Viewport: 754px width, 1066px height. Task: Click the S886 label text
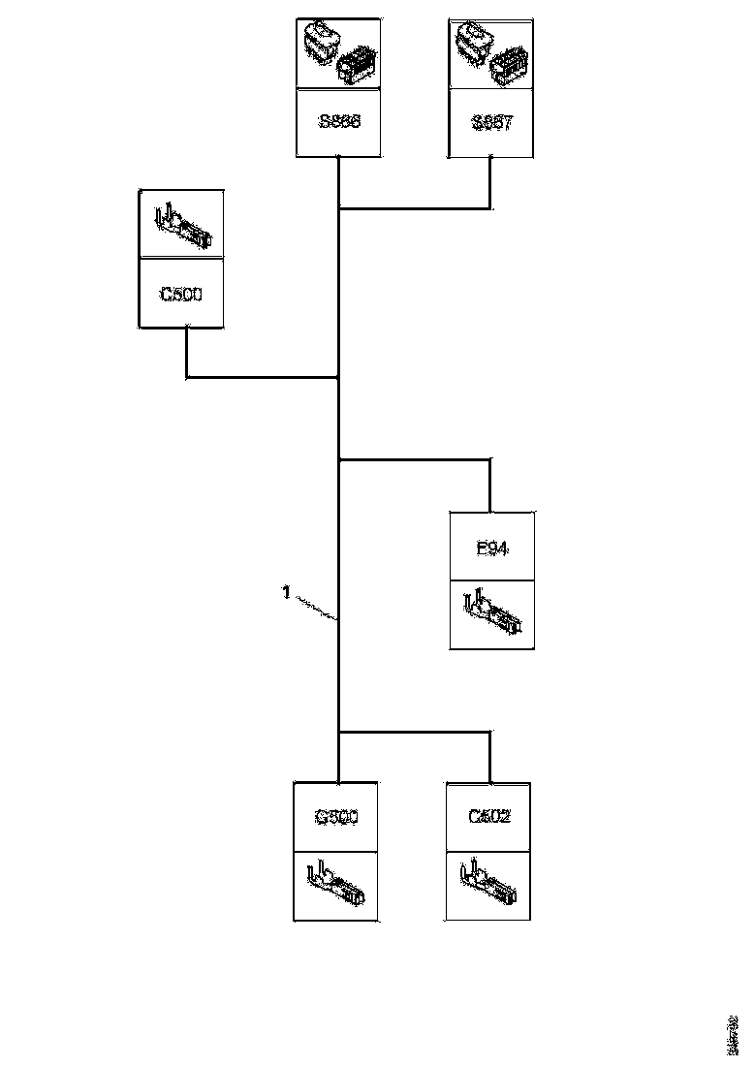coord(338,123)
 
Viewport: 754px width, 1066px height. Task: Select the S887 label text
coord(491,123)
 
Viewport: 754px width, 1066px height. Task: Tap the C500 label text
coord(181,293)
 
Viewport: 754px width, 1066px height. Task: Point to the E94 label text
coord(492,549)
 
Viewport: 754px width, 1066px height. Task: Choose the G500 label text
coord(337,817)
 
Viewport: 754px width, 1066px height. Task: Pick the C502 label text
coord(488,817)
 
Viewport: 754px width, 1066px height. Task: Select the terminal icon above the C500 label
coord(181,226)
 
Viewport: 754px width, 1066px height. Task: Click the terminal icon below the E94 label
coord(492,613)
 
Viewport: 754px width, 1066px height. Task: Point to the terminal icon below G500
coord(337,885)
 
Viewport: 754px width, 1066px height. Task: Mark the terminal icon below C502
coord(488,884)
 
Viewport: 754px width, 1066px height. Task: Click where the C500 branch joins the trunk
coord(338,377)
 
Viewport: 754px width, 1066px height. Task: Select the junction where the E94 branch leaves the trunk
coord(338,459)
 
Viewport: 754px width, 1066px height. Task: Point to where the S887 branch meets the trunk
coord(338,207)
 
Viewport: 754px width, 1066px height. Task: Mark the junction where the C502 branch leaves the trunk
coord(338,732)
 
